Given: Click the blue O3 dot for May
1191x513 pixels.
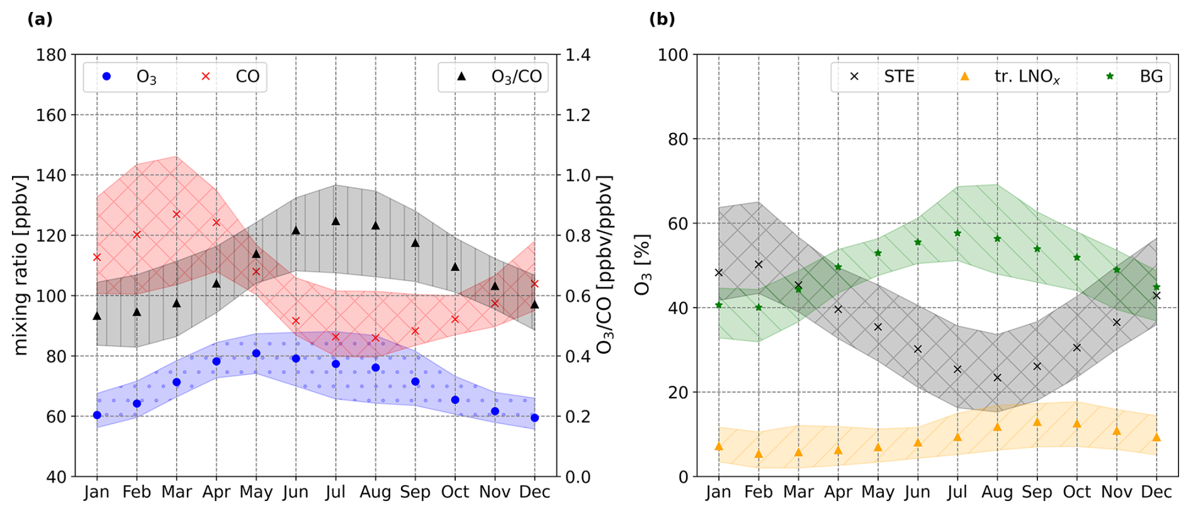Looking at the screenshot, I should [256, 354].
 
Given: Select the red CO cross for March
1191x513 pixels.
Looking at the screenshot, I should [177, 214].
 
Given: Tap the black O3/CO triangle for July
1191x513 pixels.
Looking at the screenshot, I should [336, 221].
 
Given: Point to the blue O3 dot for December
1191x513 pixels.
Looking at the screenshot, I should [534, 418].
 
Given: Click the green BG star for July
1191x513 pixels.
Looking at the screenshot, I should [957, 233].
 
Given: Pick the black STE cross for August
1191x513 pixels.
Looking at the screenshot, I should [997, 378].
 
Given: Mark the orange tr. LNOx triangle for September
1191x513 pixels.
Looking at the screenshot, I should [1037, 422].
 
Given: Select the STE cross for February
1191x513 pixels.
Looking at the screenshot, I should [759, 265].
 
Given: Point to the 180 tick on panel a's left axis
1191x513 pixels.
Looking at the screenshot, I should [51, 55].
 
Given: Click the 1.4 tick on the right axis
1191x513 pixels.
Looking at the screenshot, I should [578, 55].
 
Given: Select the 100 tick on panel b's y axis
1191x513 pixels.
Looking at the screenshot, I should [673, 55].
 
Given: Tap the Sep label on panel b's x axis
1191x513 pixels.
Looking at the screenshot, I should [1037, 492].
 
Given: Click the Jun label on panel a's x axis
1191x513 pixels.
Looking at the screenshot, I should [296, 492].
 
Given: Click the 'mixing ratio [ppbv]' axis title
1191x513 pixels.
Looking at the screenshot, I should [21, 265].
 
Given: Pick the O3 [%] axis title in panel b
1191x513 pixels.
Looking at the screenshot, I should [642, 265].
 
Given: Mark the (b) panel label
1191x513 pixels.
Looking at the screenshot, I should [662, 20].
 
